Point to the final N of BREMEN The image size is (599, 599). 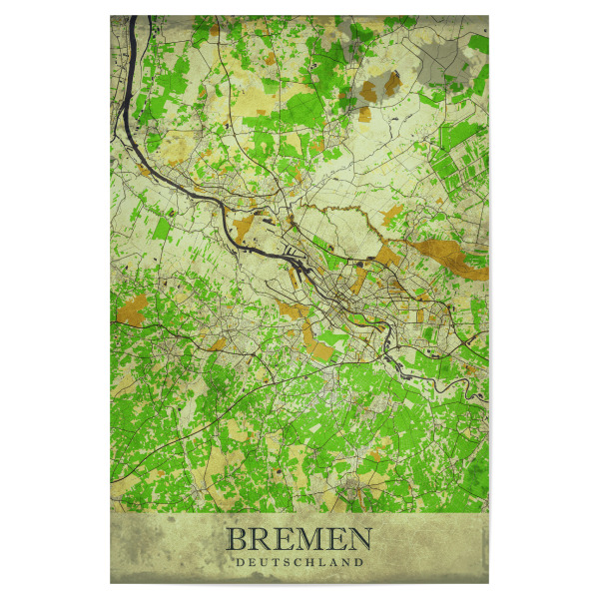(358, 540)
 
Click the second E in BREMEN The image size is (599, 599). (333, 540)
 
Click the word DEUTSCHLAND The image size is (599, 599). (299, 562)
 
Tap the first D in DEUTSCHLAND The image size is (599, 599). (239, 562)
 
